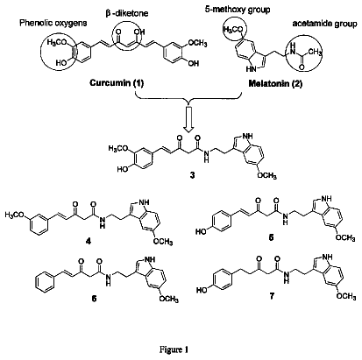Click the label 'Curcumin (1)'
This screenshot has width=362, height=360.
pyautogui.click(x=117, y=83)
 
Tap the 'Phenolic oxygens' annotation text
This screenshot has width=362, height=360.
pyautogui.click(x=53, y=23)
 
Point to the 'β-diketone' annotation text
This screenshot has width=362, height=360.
pyautogui.click(x=127, y=13)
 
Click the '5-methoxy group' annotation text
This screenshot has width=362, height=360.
pyautogui.click(x=238, y=10)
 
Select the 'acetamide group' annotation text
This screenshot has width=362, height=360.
pyautogui.click(x=324, y=24)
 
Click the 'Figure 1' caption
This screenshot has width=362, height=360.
pyautogui.click(x=174, y=349)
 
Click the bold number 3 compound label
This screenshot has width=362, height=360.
pyautogui.click(x=192, y=176)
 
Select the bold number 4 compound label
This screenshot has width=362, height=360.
pyautogui.click(x=89, y=241)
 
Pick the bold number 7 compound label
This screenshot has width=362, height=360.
pyautogui.click(x=272, y=296)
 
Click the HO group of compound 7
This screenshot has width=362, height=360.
pyautogui.click(x=202, y=290)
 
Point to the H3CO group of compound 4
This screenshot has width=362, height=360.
pyautogui.click(x=14, y=215)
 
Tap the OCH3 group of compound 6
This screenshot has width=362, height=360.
pyautogui.click(x=168, y=299)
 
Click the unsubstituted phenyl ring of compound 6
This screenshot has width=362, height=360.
pyautogui.click(x=45, y=282)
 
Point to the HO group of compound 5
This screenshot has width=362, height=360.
pyautogui.click(x=201, y=232)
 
